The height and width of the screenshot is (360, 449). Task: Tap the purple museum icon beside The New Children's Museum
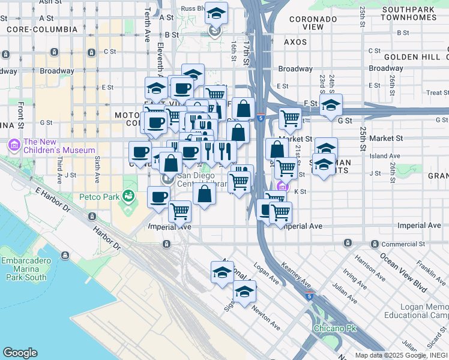14,145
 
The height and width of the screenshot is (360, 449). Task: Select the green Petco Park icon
127,195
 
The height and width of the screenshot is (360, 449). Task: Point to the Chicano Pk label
335,329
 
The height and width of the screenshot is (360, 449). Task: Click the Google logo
20,353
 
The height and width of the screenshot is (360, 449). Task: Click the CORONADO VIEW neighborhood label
312,23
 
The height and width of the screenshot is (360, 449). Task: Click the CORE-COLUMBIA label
42,29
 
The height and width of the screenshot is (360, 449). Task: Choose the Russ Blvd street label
193,8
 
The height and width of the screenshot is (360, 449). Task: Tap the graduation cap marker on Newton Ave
244,292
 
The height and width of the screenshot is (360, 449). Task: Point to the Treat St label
438,92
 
